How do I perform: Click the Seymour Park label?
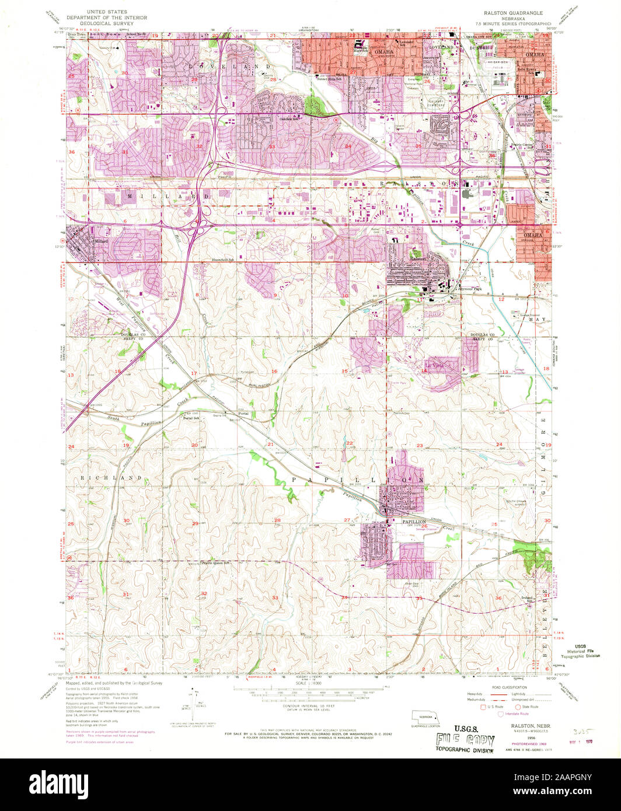472,289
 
